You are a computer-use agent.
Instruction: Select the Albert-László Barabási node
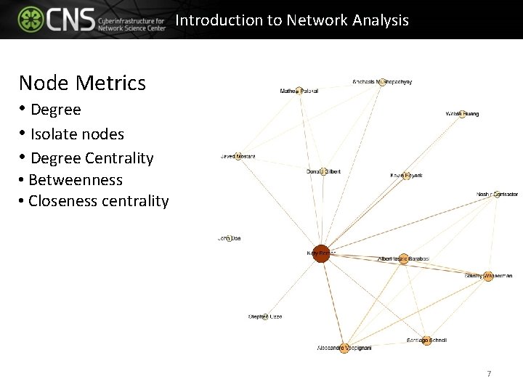(x=404, y=259)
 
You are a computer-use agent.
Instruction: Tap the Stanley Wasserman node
(x=488, y=276)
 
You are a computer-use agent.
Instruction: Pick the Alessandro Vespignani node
(x=344, y=348)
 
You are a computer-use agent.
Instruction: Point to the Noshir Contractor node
(x=497, y=195)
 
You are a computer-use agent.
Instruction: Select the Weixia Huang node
(x=462, y=114)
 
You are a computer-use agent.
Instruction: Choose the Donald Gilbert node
(x=323, y=172)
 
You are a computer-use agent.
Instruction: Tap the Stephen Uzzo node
(x=265, y=317)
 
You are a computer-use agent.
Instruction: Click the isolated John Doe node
(x=229, y=238)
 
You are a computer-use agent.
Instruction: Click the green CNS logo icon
(x=31, y=20)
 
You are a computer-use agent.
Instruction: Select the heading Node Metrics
(x=82, y=83)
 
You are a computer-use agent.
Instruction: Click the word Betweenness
(x=76, y=180)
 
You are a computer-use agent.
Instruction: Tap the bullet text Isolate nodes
(x=77, y=134)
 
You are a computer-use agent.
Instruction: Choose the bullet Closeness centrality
(x=98, y=201)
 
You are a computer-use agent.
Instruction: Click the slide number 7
(x=489, y=374)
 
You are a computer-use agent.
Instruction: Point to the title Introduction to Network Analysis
(x=292, y=20)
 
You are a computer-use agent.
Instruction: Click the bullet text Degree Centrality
(x=92, y=158)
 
